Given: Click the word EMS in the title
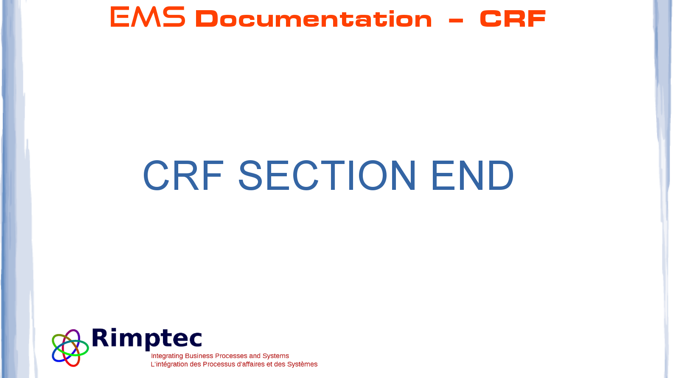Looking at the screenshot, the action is tap(148, 17).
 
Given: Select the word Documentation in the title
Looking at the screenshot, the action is tap(314, 19).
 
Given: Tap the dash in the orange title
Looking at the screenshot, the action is tap(455, 20).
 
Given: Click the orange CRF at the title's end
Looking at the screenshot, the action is tap(513, 19).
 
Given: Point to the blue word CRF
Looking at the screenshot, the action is tap(183, 175).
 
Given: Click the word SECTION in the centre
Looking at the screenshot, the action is tap(327, 175).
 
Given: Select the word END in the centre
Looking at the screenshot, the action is tap(472, 175).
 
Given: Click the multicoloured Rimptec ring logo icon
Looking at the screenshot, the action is tap(70, 348).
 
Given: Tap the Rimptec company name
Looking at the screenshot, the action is tap(147, 339).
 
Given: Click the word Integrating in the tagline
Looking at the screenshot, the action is tap(167, 356).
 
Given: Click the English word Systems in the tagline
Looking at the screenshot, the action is tap(275, 356).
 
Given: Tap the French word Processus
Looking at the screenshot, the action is tap(219, 364).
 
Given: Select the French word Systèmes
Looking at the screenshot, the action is tap(302, 364).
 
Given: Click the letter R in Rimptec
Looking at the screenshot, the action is tap(100, 337).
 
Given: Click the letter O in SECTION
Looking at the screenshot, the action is tap(373, 175).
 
